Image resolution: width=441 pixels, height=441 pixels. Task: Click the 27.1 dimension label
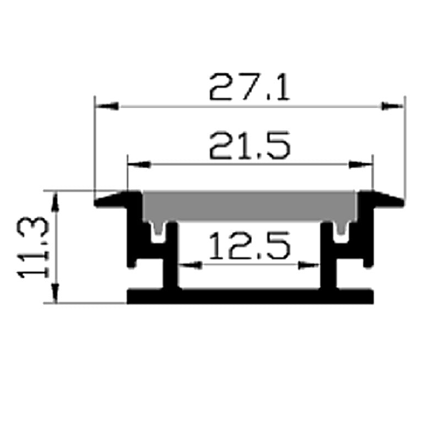click(x=249, y=88)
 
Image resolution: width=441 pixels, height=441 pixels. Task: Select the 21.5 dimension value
click(x=249, y=147)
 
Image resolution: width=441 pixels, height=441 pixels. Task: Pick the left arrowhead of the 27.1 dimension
click(x=106, y=105)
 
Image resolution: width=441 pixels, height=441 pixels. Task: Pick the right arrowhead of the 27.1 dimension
click(x=394, y=105)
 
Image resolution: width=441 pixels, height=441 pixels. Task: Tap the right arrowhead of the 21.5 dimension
click(x=361, y=164)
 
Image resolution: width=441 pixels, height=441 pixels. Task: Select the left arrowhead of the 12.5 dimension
click(x=191, y=265)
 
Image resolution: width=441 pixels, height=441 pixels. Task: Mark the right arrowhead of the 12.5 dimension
click(x=309, y=265)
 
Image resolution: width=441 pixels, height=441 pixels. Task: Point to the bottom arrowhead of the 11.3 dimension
click(x=55, y=292)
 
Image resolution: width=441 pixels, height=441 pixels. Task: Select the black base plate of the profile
click(x=249, y=297)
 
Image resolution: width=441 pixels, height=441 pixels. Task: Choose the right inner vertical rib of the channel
click(x=328, y=256)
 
